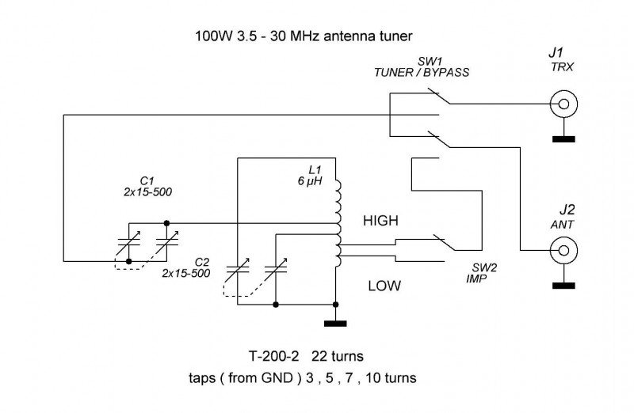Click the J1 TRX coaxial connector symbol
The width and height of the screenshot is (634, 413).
(563, 104)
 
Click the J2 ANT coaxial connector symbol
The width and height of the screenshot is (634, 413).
(563, 252)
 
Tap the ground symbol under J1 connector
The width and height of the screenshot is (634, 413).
(563, 139)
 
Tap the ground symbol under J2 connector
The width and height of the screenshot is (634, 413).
(563, 286)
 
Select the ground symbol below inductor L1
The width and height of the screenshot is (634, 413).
(336, 322)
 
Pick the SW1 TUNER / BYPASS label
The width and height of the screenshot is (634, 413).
(422, 67)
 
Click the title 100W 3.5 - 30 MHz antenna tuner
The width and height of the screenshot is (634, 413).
(304, 36)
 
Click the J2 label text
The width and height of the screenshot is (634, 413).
(566, 210)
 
